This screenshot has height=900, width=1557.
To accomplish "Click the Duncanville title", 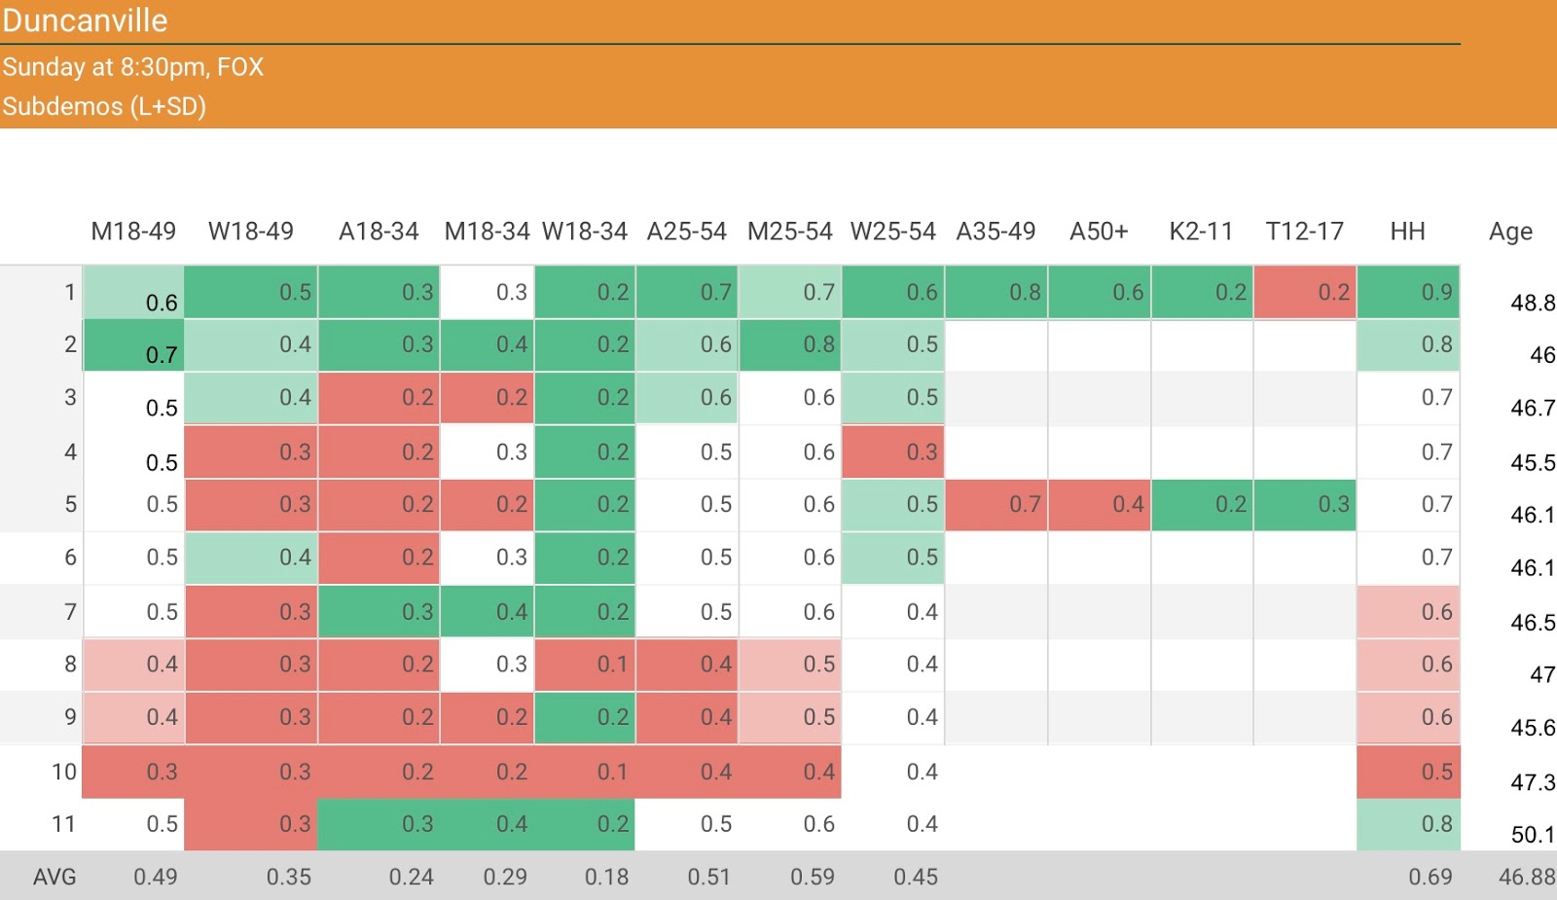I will pyautogui.click(x=85, y=20).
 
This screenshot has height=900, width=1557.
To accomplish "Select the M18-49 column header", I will pyautogui.click(x=133, y=232).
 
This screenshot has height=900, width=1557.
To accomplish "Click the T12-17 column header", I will pyautogui.click(x=1304, y=232).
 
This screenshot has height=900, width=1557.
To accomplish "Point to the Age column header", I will pyautogui.click(x=1510, y=232).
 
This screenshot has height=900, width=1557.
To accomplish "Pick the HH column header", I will pyautogui.click(x=1407, y=232).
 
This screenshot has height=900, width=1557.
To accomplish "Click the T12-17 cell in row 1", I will pyautogui.click(x=1304, y=292).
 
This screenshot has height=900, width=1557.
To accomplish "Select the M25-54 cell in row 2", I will pyautogui.click(x=789, y=344).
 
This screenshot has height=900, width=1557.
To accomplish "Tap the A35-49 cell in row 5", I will pyautogui.click(x=996, y=504).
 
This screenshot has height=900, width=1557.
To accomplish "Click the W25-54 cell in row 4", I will pyautogui.click(x=892, y=451).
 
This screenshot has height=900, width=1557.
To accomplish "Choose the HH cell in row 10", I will pyautogui.click(x=1408, y=772).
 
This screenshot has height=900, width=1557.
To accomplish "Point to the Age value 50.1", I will pyautogui.click(x=1533, y=835).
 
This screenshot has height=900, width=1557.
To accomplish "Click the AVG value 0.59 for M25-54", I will pyautogui.click(x=813, y=877).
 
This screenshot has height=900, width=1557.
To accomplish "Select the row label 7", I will pyautogui.click(x=70, y=612).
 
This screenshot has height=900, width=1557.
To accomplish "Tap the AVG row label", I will pyautogui.click(x=54, y=877).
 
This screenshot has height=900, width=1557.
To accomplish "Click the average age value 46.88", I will pyautogui.click(x=1527, y=877).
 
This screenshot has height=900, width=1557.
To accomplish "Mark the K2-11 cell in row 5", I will pyautogui.click(x=1202, y=504).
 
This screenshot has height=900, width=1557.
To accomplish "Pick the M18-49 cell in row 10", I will pyautogui.click(x=133, y=772).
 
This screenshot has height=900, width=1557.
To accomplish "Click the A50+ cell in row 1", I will pyautogui.click(x=1099, y=292).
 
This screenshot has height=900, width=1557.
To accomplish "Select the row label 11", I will pyautogui.click(x=63, y=824).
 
